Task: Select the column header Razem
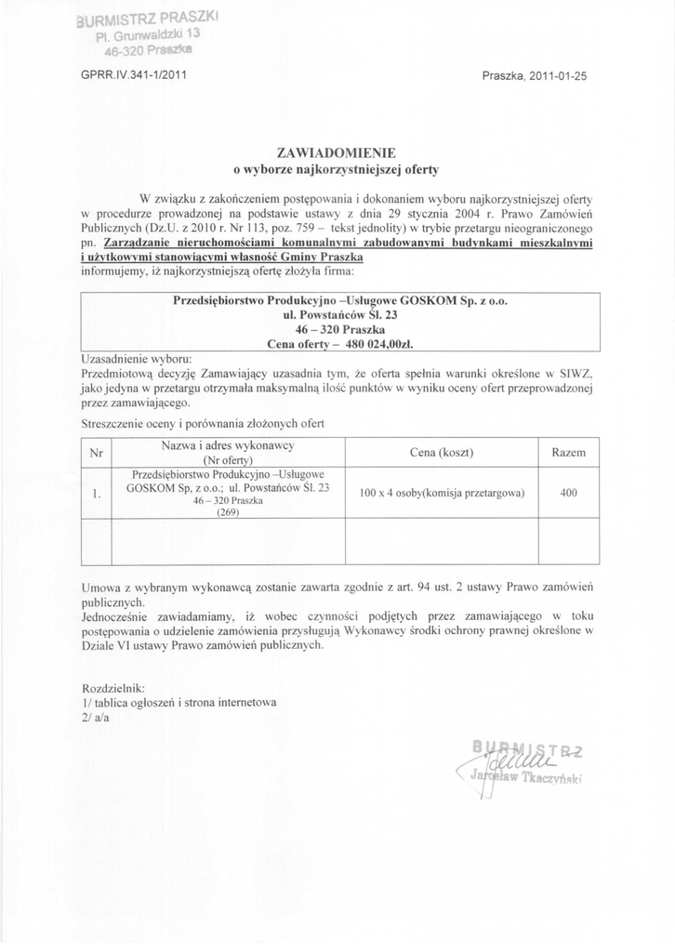coord(568,453)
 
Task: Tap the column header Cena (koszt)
coord(442,453)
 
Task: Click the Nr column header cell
coord(96,453)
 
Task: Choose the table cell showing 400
coord(568,494)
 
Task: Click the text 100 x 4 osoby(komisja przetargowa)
coord(442,494)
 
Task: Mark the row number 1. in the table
coord(96,494)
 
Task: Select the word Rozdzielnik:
coord(114,688)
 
